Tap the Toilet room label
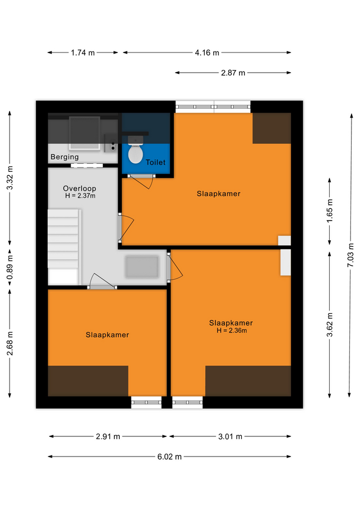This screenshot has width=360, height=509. [x=155, y=162]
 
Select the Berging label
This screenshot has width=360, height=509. [x=65, y=157]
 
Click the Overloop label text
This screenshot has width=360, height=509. [x=80, y=188]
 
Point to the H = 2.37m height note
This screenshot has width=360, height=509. [x=80, y=196]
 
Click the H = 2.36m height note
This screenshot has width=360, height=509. [x=232, y=330]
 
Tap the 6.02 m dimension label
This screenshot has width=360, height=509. [x=170, y=457]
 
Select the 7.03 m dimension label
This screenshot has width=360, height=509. [x=350, y=255]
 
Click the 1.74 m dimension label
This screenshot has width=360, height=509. [x=83, y=52]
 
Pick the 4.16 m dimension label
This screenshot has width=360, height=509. [x=207, y=52]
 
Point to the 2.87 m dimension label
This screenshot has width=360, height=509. [x=233, y=73]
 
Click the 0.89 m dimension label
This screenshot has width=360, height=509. [x=10, y=267]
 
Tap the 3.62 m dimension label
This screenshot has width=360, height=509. [x=330, y=324]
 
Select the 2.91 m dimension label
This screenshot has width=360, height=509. [x=108, y=436]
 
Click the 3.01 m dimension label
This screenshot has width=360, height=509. [x=230, y=436]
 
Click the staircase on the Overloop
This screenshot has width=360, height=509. [x=64, y=247]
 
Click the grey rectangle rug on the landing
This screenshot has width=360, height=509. [x=142, y=267]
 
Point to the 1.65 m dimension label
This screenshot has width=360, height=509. [x=330, y=211]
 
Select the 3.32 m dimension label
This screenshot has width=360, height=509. [x=10, y=178]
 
